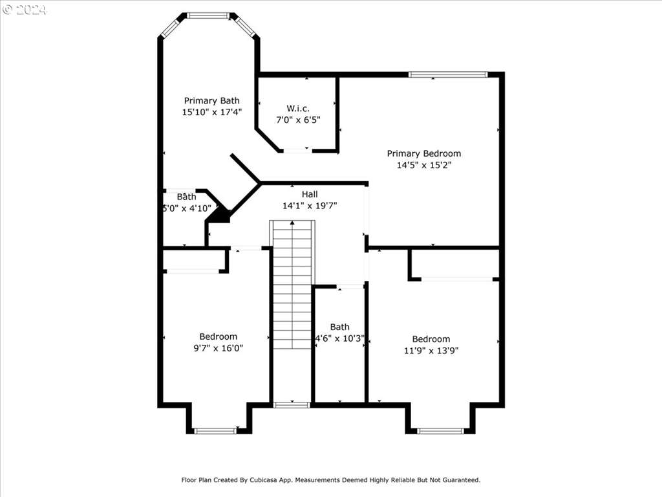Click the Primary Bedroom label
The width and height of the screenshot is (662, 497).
point(424,153)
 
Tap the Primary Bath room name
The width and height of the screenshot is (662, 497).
point(211,100)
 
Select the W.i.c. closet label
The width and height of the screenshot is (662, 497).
point(298,109)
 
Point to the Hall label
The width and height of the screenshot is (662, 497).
point(310,194)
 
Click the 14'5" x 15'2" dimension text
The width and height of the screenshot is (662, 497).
point(424,165)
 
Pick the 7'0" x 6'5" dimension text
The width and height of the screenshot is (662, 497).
point(298,120)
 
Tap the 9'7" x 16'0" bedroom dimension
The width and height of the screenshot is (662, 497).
point(219,348)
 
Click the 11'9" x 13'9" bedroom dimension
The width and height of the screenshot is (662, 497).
point(431,350)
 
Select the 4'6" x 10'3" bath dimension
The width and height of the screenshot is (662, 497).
point(340,338)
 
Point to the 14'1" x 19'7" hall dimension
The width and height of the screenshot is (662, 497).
point(310,206)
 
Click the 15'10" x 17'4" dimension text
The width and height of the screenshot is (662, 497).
point(211,112)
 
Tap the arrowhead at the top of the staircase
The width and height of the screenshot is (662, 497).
point(292,223)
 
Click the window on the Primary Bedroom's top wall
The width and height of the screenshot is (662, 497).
point(448,75)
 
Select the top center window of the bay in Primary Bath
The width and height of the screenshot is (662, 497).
point(208,16)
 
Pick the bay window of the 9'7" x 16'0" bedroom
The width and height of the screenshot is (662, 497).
point(215,431)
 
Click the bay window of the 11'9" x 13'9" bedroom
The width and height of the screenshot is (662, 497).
point(440,431)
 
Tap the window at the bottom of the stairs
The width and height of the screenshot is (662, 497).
point(292,405)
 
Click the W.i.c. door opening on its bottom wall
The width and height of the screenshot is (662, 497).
point(297,150)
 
